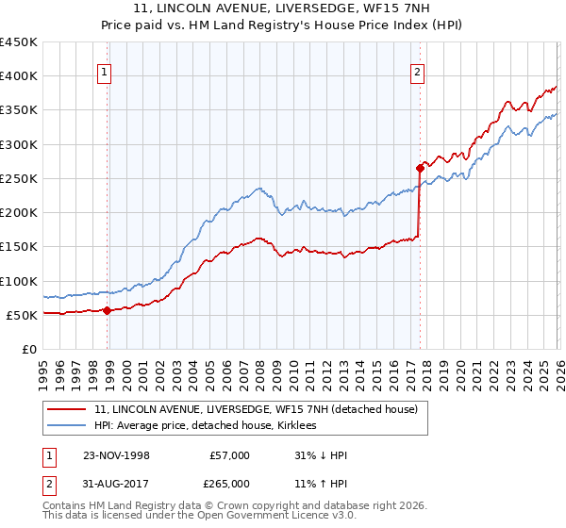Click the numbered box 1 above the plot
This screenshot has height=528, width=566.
coord(106,70)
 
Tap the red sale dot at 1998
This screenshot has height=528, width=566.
coord(107,310)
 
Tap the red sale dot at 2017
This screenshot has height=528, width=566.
coord(420,168)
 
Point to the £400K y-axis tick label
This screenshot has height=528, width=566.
coord(19,76)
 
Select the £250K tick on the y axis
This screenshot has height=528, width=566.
coord(19,178)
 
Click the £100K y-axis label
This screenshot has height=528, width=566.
coord(19,281)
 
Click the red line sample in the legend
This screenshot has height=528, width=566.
coord(67,409)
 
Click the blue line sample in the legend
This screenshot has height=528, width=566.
coord(67,426)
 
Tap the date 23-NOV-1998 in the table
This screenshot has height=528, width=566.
coord(116,455)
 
